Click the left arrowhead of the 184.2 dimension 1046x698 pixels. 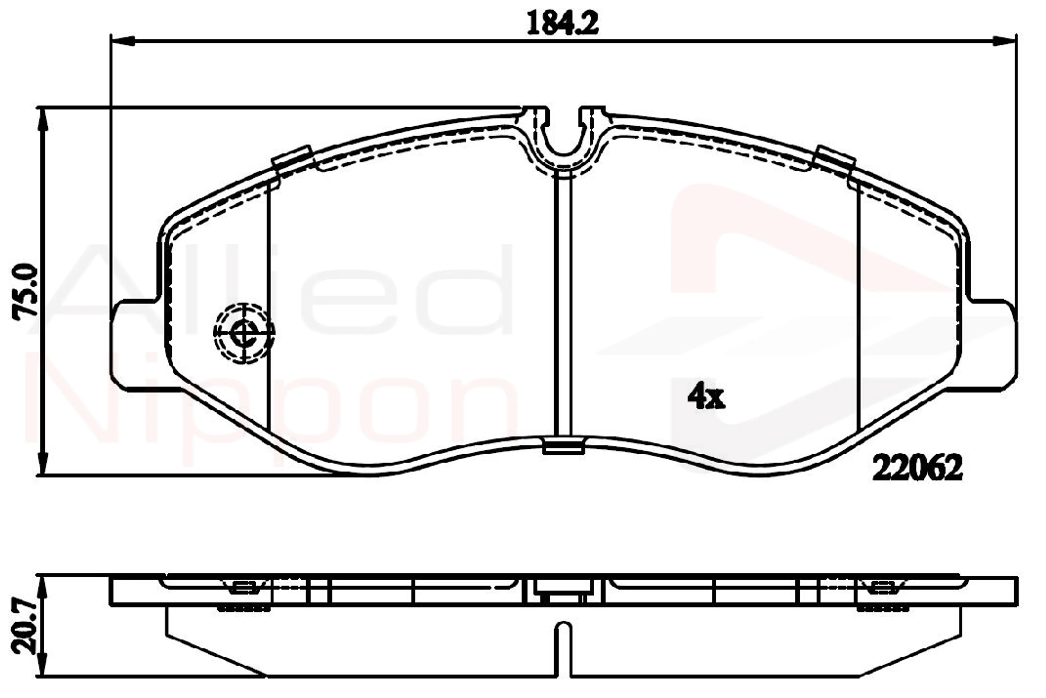[123, 41]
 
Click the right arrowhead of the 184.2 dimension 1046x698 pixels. [1005, 41]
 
